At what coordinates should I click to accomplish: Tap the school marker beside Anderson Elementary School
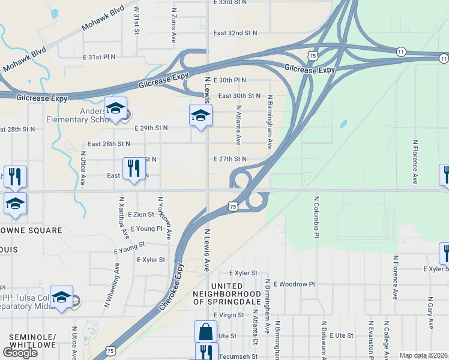[115, 109]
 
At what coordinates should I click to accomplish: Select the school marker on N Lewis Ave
[200, 115]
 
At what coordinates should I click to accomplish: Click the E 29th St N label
[151, 128]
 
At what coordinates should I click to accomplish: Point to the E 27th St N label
[230, 159]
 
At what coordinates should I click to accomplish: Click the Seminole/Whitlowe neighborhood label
[32, 341]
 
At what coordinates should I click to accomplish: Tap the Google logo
[20, 353]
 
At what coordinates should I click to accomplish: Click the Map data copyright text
[423, 355]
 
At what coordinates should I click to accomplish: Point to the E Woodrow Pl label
[294, 284]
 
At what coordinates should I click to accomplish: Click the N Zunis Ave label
[174, 25]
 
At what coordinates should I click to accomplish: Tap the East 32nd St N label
[235, 32]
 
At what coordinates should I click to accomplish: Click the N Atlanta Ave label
[238, 125]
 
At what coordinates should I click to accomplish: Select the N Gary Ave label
[430, 316]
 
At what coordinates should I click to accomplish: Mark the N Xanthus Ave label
[122, 216]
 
